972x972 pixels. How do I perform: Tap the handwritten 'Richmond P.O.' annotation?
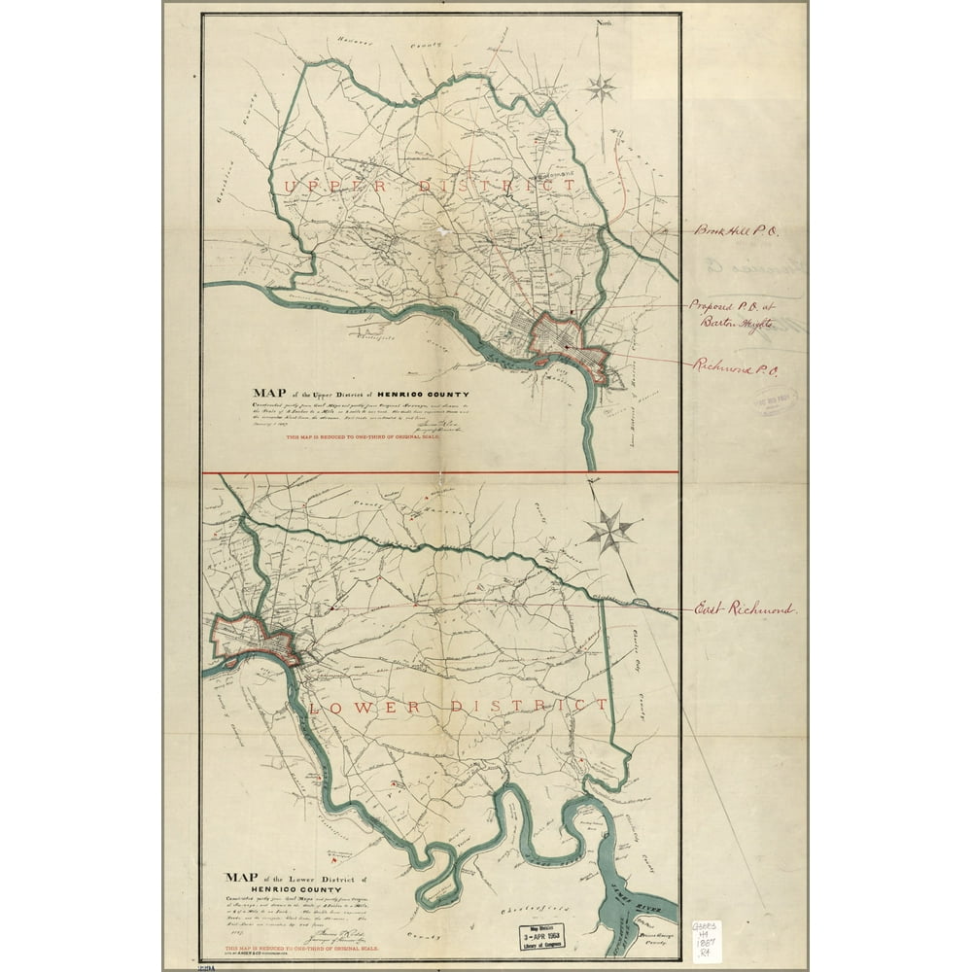(738, 366)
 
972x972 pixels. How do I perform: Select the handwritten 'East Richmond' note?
(745, 610)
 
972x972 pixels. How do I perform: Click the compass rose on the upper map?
(602, 88)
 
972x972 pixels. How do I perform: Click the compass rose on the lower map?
(609, 531)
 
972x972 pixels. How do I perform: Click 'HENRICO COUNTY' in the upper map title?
(399, 394)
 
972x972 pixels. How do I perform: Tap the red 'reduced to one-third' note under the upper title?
(362, 438)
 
